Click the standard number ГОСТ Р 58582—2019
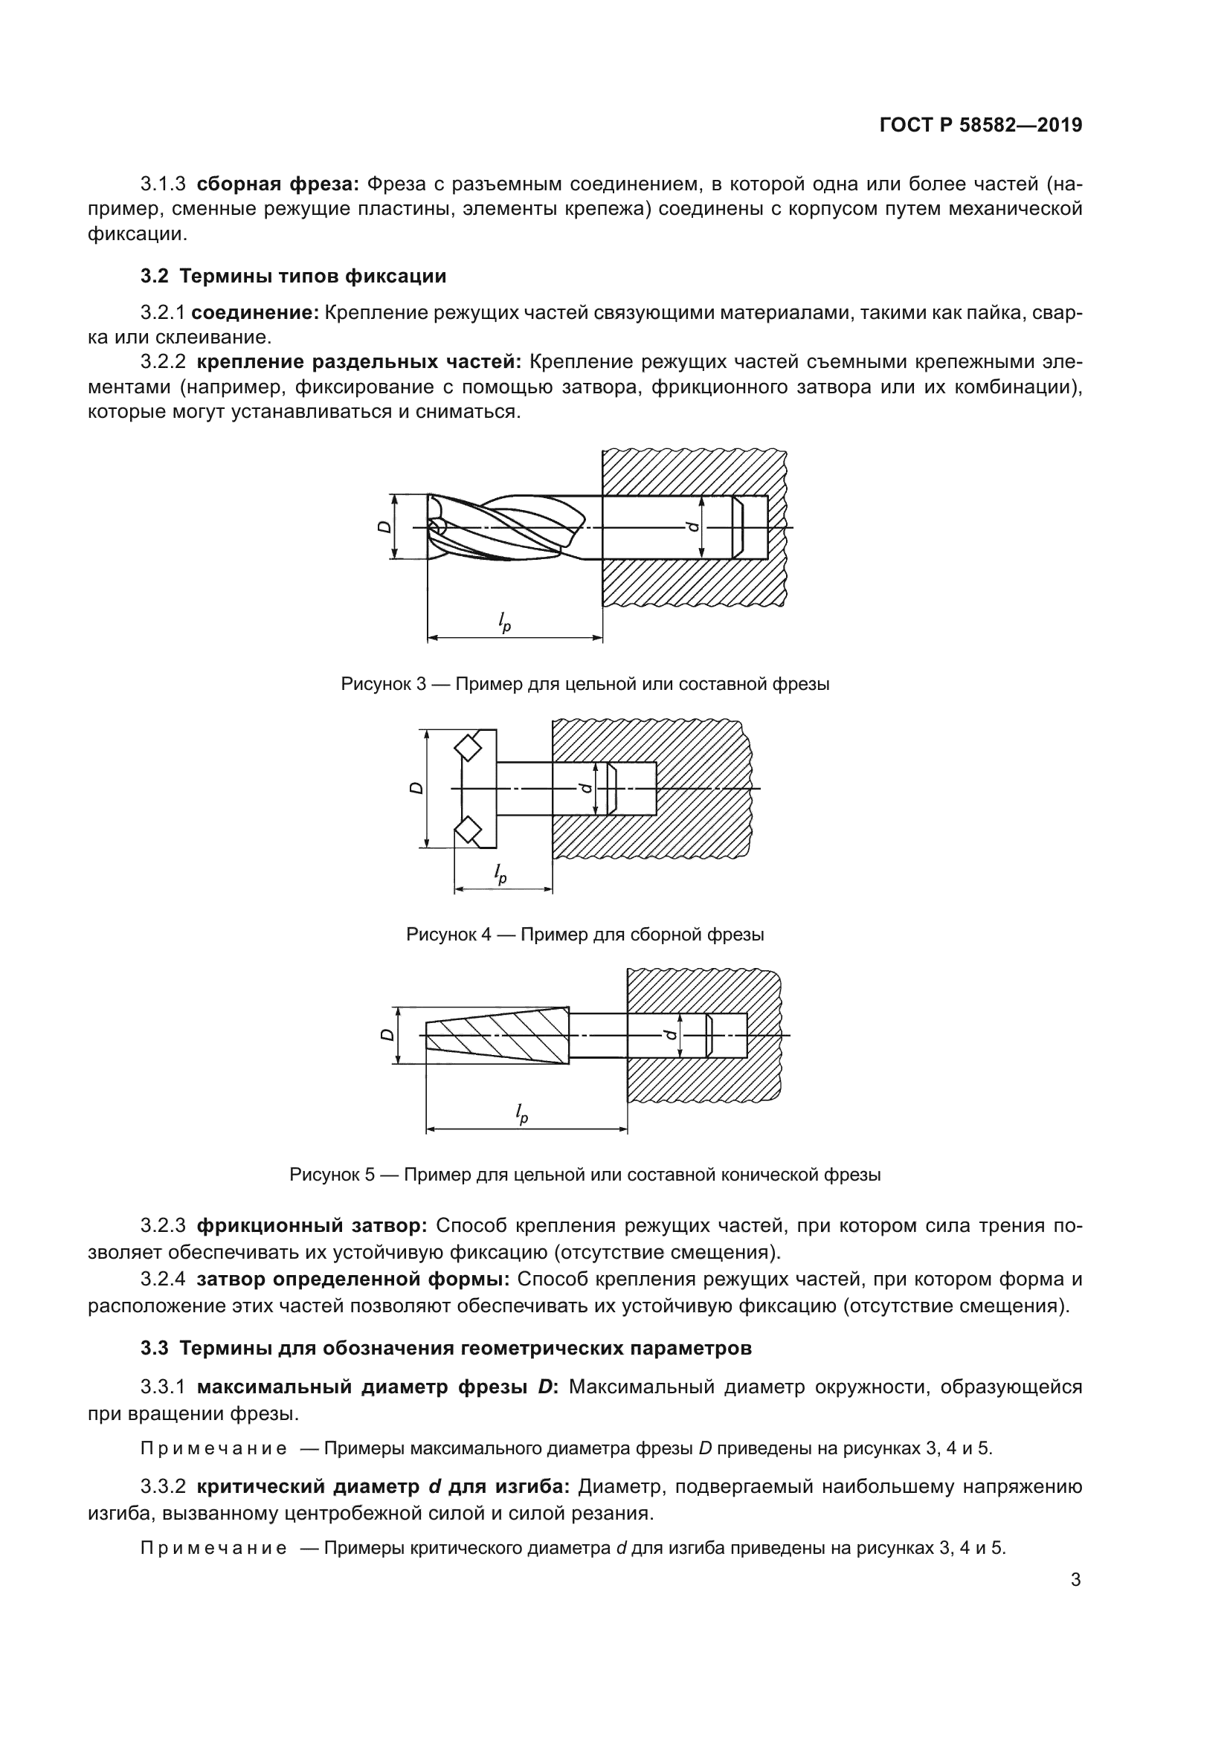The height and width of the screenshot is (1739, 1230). pyautogui.click(x=980, y=126)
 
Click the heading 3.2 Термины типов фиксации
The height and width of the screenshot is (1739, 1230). pyautogui.click(x=293, y=276)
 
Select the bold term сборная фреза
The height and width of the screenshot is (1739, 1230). pyautogui.click(x=277, y=184)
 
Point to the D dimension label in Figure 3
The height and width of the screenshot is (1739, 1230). pyautogui.click(x=384, y=526)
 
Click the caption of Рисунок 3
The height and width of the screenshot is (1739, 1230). pyautogui.click(x=585, y=684)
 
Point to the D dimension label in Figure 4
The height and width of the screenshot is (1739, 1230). pyautogui.click(x=416, y=788)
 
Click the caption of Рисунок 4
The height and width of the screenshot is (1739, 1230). pyautogui.click(x=585, y=934)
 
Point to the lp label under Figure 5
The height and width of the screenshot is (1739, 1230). pyautogui.click(x=521, y=1113)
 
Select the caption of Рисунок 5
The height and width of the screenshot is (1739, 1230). pyautogui.click(x=585, y=1175)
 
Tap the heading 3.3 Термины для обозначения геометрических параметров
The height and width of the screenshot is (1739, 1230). pyautogui.click(x=446, y=1348)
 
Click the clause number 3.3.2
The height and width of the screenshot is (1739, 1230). pyautogui.click(x=163, y=1486)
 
